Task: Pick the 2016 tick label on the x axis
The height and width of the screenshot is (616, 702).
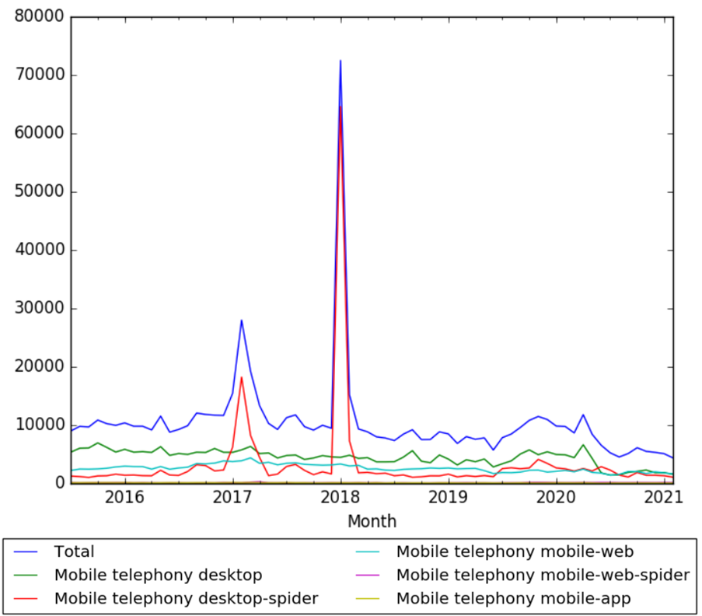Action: pos(124,497)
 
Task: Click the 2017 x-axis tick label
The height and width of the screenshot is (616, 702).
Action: pos(232,497)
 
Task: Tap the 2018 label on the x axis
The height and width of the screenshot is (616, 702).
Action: pos(341,497)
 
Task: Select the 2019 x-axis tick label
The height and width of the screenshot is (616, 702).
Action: pos(448,497)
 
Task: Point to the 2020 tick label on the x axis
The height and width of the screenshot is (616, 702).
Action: pos(556,497)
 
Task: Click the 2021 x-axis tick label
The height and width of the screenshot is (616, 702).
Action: pos(663,497)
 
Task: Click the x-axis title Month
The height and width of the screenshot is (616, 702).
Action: pos(372,520)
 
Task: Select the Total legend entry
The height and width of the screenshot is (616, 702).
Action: pos(74,552)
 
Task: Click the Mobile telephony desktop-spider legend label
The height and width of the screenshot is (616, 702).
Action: pos(187,599)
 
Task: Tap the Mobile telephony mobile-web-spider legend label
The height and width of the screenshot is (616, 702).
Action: pos(543,576)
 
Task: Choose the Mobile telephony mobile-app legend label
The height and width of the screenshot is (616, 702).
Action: pos(512,599)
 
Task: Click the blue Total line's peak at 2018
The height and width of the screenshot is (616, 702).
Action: pos(341,61)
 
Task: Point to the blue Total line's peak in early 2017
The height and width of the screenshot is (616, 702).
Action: pos(242,320)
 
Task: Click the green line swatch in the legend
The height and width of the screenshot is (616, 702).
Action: pos(29,576)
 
